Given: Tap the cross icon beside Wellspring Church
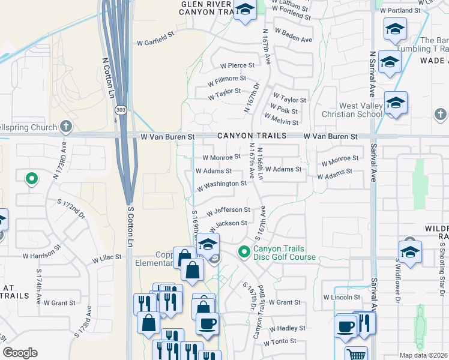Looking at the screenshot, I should pyautogui.click(x=66, y=127).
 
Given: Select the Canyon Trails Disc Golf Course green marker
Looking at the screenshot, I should pyautogui.click(x=244, y=251).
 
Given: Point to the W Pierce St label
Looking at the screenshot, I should pyautogui.click(x=237, y=65).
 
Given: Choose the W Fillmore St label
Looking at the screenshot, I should pyautogui.click(x=226, y=79).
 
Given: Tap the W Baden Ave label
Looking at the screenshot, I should pyautogui.click(x=294, y=40).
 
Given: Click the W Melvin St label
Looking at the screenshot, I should pyautogui.click(x=285, y=122).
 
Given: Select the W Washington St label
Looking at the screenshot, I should pyautogui.click(x=221, y=184).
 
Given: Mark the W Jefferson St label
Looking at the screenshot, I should pyautogui.click(x=228, y=211).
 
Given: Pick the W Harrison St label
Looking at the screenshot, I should pyautogui.click(x=41, y=251).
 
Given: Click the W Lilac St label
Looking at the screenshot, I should pyautogui.click(x=106, y=258).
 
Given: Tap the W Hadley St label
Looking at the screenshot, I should pyautogui.click(x=287, y=329).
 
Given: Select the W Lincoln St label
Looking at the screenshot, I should pyautogui.click(x=341, y=297).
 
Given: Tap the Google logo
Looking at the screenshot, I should pyautogui.click(x=20, y=353).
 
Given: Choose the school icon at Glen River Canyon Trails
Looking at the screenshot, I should pyautogui.click(x=244, y=10).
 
